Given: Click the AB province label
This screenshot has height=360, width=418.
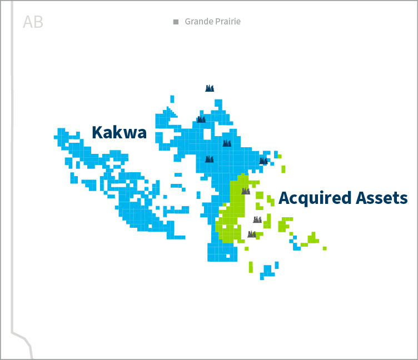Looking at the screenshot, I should (33, 22).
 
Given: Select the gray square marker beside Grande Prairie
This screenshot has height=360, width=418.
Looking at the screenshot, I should (176, 22).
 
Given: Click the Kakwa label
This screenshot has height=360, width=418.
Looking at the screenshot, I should (119, 132).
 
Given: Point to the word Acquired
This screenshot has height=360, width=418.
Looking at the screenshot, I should (315, 198).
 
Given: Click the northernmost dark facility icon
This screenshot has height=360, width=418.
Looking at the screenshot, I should (210, 88).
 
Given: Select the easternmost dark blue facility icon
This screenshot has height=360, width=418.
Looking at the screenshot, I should (263, 161).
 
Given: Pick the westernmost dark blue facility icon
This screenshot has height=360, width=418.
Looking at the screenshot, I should (201, 118).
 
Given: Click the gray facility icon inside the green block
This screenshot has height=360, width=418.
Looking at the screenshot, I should (245, 191).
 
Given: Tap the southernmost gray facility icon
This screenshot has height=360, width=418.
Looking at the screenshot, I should (252, 234).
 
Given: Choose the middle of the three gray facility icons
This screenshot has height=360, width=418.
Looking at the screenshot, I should (257, 219).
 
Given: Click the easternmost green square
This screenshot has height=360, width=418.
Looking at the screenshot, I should (325, 248).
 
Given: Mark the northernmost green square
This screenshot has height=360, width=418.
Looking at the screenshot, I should (280, 156).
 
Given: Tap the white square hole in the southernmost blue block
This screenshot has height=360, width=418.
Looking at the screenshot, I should (227, 257).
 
